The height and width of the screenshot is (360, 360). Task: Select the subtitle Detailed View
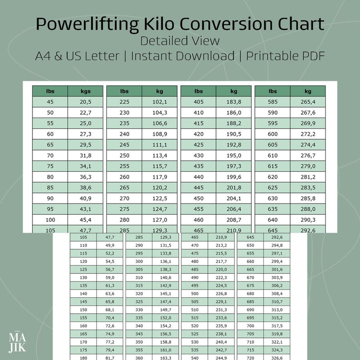pos(180,40)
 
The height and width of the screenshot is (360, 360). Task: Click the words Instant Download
pos(183,56)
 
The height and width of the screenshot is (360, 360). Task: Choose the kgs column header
pos(85,91)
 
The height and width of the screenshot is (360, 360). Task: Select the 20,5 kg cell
pos(85,102)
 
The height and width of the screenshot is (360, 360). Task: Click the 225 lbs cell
pos(124,102)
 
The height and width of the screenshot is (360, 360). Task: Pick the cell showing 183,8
pos(234,102)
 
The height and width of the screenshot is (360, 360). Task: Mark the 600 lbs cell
pos(272,134)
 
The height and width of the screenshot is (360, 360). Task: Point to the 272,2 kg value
pos(308,134)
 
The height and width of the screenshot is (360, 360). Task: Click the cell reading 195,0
pos(234,156)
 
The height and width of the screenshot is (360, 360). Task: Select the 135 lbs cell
pos(83,285)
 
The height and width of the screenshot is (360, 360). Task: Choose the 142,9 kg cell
pos(165,285)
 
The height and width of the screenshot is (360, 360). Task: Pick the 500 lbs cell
pos(195,293)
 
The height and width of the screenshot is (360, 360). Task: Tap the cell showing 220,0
pos(221,269)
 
